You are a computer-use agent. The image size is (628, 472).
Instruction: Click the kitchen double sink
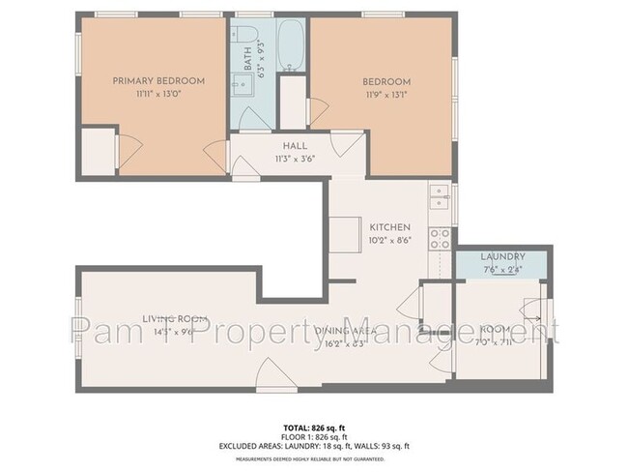coord(441,196)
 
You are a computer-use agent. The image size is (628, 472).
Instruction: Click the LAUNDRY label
coord(501,256)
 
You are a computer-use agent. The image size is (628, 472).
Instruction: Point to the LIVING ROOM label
coord(176,318)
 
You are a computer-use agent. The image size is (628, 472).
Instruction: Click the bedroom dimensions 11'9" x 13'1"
coord(386,94)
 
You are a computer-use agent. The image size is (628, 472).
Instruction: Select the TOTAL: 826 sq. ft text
coord(313,427)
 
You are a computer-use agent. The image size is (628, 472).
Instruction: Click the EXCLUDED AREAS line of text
coord(313,446)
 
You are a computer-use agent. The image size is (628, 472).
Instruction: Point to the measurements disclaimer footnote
coord(313,458)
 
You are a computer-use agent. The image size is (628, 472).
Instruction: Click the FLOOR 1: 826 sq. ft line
coord(313,436)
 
